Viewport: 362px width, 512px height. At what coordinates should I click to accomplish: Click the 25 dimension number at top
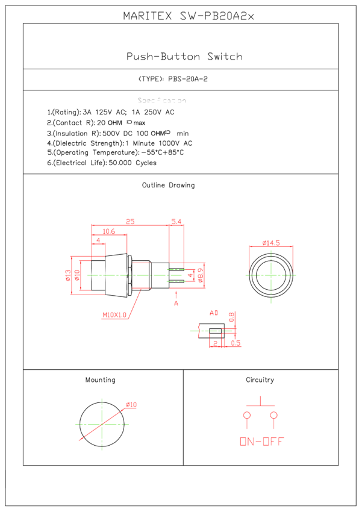130,222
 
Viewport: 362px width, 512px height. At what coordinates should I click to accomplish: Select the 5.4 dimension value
176,222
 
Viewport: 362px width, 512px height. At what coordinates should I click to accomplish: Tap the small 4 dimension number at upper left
98,240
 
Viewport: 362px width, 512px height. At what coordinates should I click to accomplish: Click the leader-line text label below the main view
114,315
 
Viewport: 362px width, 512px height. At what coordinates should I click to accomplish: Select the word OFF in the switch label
273,442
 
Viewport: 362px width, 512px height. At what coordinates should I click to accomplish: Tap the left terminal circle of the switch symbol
247,415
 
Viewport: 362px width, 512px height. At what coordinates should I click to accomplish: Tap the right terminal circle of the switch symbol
274,415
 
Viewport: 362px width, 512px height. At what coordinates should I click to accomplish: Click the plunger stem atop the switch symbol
260,401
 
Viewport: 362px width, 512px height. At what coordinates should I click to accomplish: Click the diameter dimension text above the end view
271,243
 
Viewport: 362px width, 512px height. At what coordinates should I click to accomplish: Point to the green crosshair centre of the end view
271,275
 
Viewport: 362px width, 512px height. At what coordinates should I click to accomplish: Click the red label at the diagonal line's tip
131,405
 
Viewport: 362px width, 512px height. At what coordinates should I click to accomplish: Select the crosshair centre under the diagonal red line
102,424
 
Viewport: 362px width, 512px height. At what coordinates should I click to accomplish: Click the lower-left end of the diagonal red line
80,440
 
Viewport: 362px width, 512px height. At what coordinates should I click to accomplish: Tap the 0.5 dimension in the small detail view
236,343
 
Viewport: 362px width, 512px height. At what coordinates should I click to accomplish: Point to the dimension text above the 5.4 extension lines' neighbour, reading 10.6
108,231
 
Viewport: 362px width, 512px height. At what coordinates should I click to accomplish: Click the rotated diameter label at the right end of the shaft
201,275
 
